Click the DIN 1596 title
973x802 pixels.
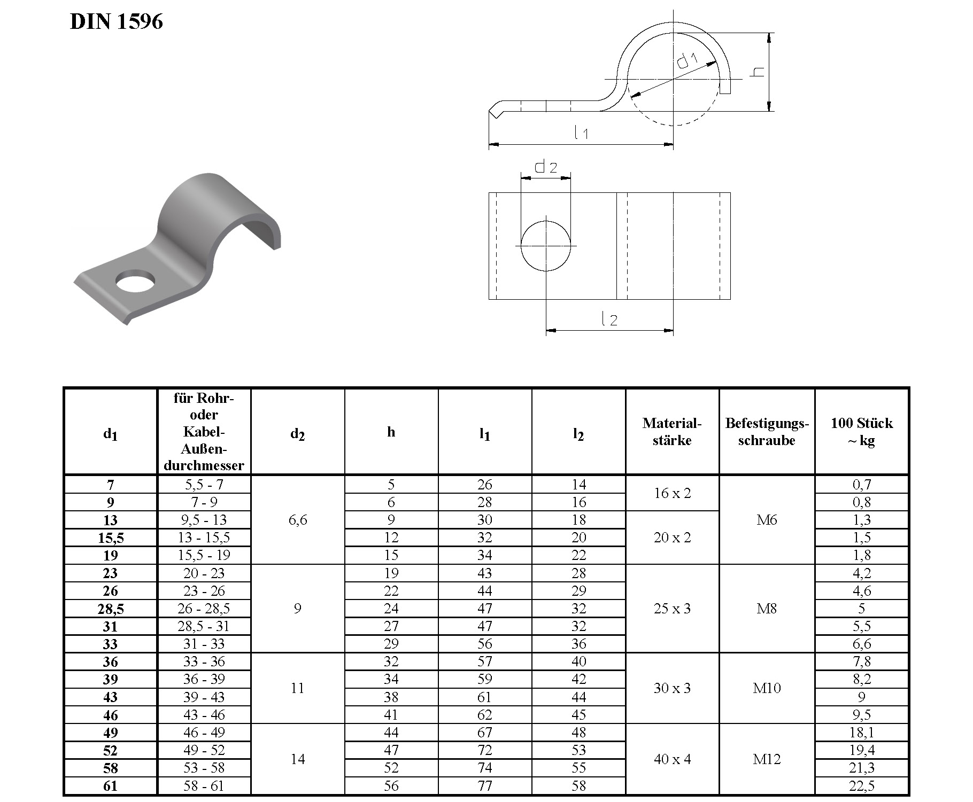click(x=116, y=22)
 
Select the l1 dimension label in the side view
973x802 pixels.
click(x=581, y=132)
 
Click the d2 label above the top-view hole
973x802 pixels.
click(x=545, y=167)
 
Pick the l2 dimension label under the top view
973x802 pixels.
click(x=609, y=319)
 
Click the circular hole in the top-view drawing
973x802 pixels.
click(x=546, y=245)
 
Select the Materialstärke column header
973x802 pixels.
click(x=672, y=432)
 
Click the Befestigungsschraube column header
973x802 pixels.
click(x=767, y=432)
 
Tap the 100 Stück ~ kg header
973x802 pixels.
click(x=861, y=432)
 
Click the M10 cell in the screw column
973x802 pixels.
click(x=767, y=688)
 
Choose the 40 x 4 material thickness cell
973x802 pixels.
click(x=672, y=759)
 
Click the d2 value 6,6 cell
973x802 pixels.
click(x=298, y=520)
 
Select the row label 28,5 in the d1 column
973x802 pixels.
click(x=111, y=609)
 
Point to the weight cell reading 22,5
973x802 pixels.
click(x=861, y=786)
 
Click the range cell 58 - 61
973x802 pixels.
click(x=204, y=786)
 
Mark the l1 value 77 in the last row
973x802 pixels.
click(x=485, y=786)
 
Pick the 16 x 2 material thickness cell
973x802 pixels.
click(x=672, y=493)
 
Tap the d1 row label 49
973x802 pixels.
click(x=111, y=733)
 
